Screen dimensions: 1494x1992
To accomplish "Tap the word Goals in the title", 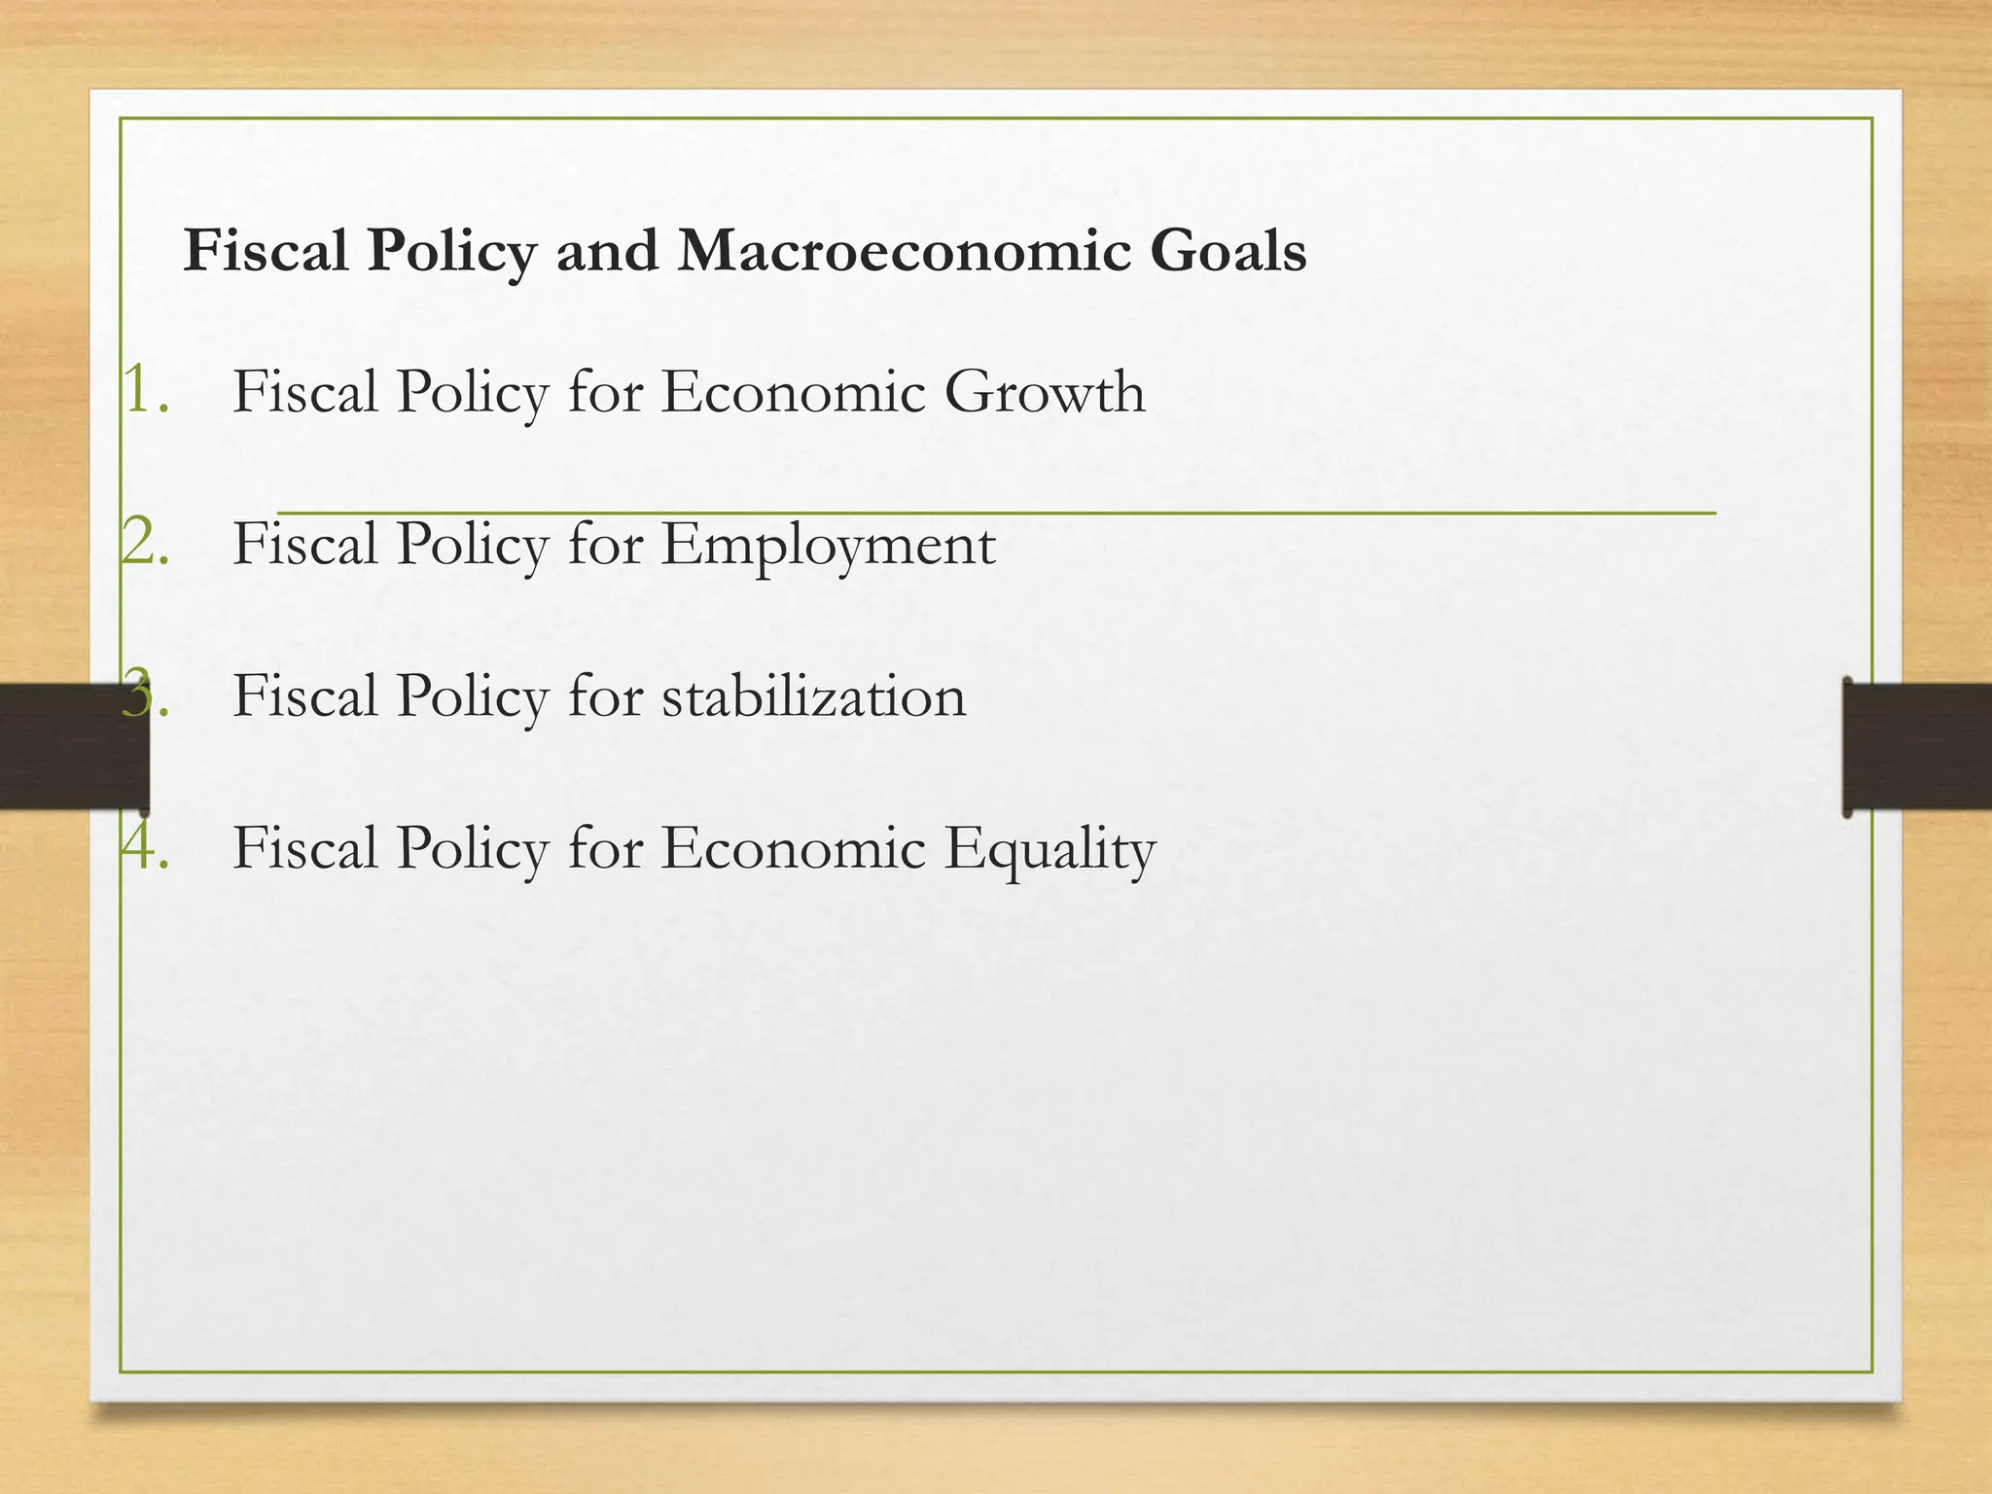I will coord(1227,251).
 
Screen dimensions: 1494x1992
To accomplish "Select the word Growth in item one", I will coord(1045,392).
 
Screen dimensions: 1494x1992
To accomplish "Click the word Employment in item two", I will coord(829,545).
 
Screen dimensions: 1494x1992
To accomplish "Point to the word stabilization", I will coord(814,696).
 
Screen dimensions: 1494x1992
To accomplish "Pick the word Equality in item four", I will coord(1050,849).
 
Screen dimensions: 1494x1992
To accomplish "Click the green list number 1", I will coord(145,392).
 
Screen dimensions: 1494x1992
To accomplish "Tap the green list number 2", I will coord(145,543).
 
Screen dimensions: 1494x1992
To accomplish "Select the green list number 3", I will coord(145,694).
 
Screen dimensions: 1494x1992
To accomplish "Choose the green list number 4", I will coord(145,847).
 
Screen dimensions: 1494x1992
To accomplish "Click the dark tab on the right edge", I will coord(1916,746).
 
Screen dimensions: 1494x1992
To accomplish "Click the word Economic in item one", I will coord(793,392).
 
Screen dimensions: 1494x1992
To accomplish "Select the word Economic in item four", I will coord(793,848).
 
